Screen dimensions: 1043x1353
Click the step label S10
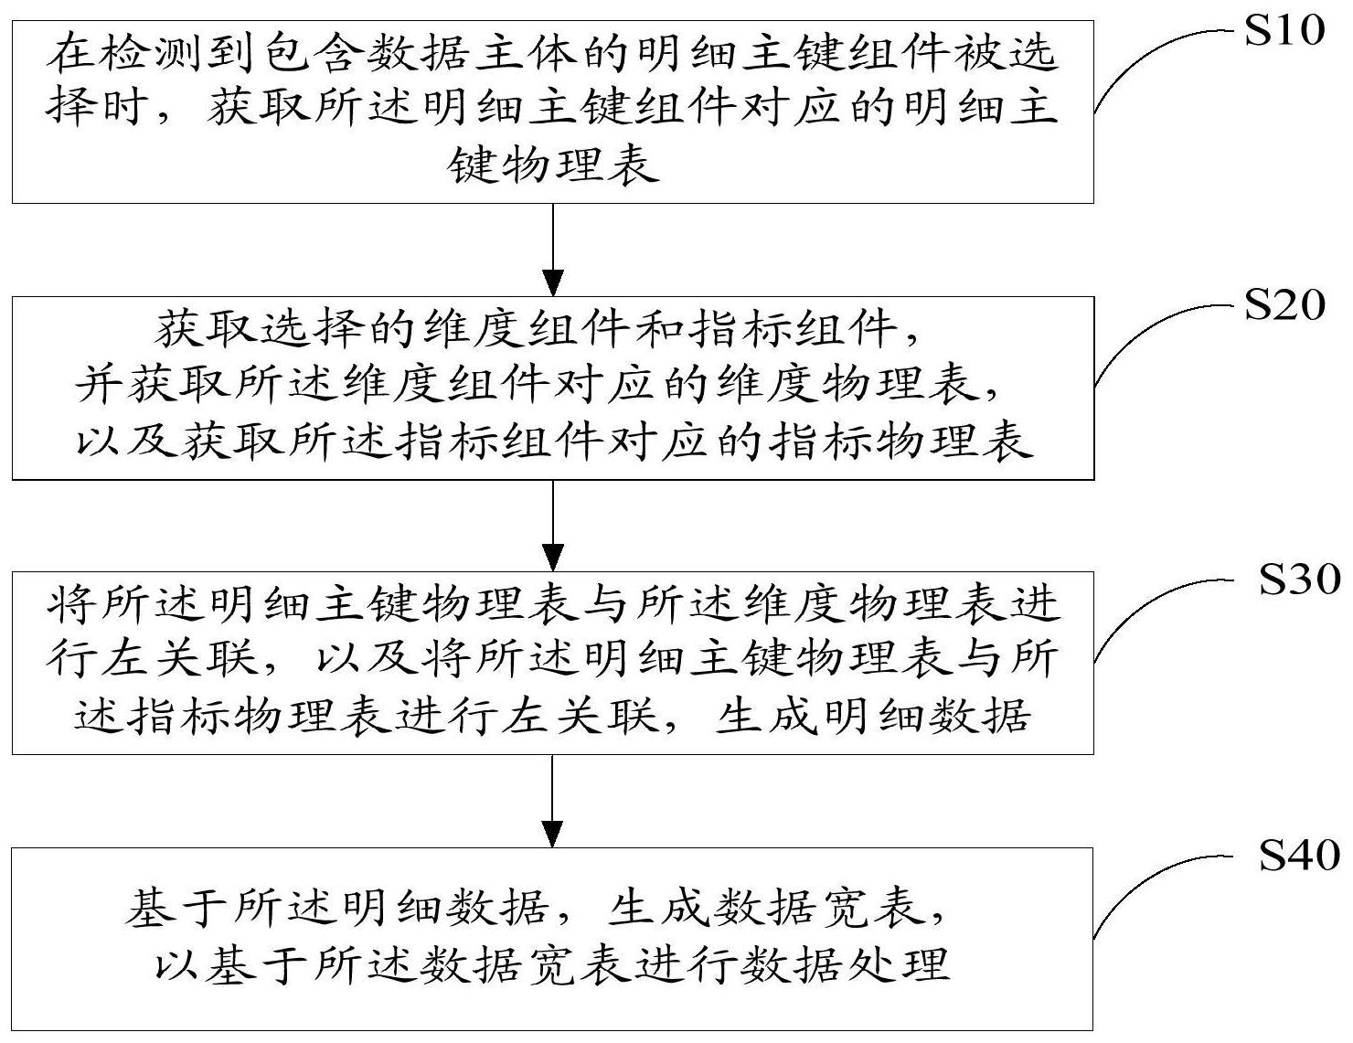[1284, 32]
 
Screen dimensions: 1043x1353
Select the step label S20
[1284, 306]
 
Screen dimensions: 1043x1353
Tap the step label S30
[1299, 580]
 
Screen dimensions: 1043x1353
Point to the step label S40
[1299, 855]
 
